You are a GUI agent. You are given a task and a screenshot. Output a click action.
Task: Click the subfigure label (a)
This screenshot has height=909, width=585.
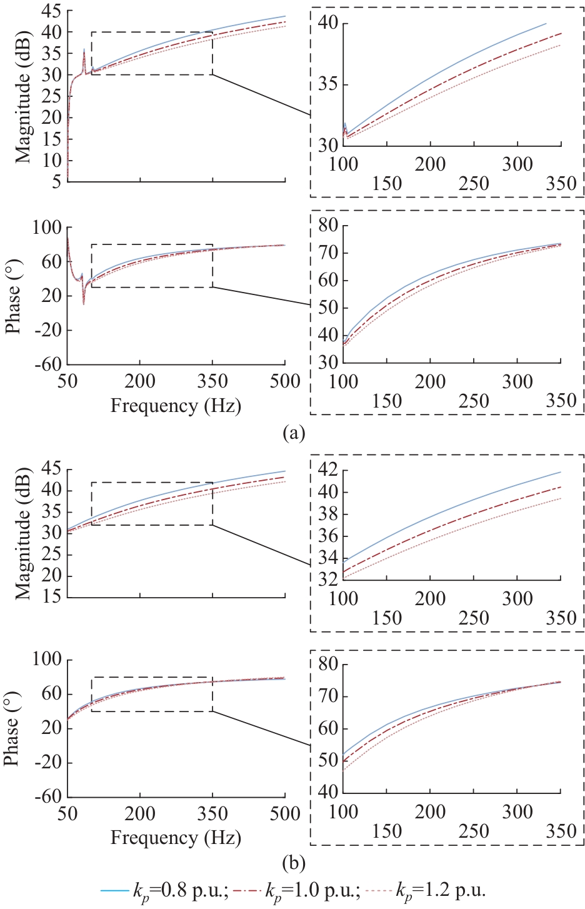294,432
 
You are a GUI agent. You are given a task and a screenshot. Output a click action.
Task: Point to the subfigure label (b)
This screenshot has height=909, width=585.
294,864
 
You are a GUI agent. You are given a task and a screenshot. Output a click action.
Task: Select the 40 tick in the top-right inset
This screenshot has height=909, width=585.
327,24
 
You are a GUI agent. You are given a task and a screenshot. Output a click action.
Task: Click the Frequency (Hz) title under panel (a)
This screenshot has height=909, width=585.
176,406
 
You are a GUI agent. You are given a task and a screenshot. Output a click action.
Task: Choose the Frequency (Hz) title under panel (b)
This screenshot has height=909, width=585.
176,838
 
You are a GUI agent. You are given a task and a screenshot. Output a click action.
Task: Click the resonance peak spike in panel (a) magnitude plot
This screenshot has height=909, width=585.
84,50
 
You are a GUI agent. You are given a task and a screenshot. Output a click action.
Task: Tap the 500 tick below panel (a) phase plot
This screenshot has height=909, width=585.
285,381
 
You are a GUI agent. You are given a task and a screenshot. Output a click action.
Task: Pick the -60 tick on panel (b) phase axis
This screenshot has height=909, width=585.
48,796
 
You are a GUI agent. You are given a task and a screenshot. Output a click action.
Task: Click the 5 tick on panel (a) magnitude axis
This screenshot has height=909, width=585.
56,182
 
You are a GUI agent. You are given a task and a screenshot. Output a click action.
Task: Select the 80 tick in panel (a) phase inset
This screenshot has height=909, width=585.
327,226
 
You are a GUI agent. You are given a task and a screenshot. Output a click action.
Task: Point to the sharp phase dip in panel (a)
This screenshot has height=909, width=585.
84,304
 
